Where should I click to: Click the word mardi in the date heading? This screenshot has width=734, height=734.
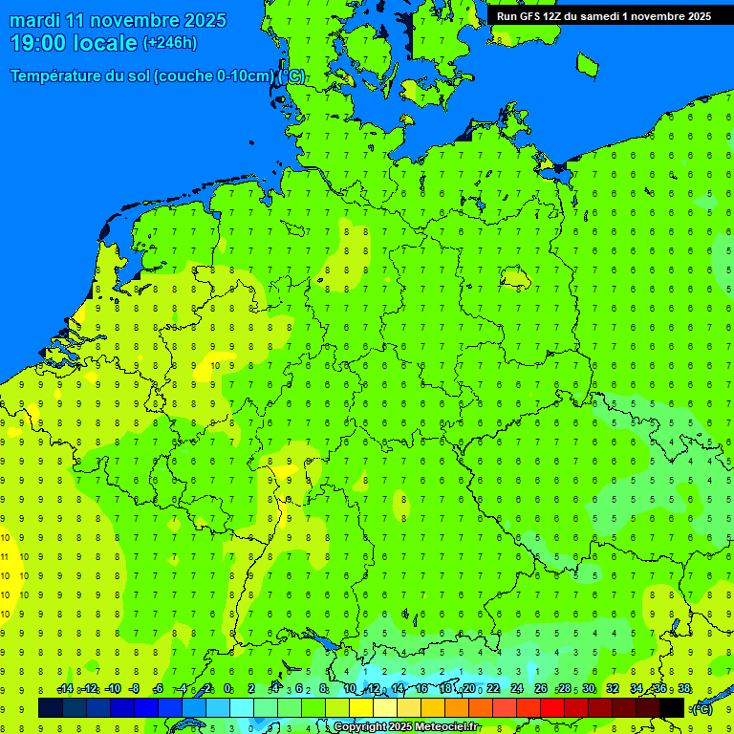coord(35,20)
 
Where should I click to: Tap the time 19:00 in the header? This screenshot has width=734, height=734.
coord(39,43)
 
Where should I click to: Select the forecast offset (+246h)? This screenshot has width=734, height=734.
coord(169,43)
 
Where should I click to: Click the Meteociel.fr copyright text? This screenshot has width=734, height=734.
coord(405,727)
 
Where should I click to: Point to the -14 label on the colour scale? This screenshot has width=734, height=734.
coord(65,689)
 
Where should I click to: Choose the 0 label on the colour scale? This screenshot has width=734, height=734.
coord(227,689)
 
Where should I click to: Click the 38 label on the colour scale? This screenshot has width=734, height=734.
coord(684,689)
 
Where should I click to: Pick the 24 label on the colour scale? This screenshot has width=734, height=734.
coord(517,689)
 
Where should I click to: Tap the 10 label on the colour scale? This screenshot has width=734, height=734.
coord(350,689)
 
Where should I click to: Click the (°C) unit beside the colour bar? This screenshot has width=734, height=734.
coord(702,709)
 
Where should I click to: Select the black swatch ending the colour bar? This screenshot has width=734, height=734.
coord(672,707)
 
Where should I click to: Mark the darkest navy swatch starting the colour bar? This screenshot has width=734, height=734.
coord(51,707)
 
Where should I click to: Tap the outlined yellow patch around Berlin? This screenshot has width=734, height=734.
coord(516,278)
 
